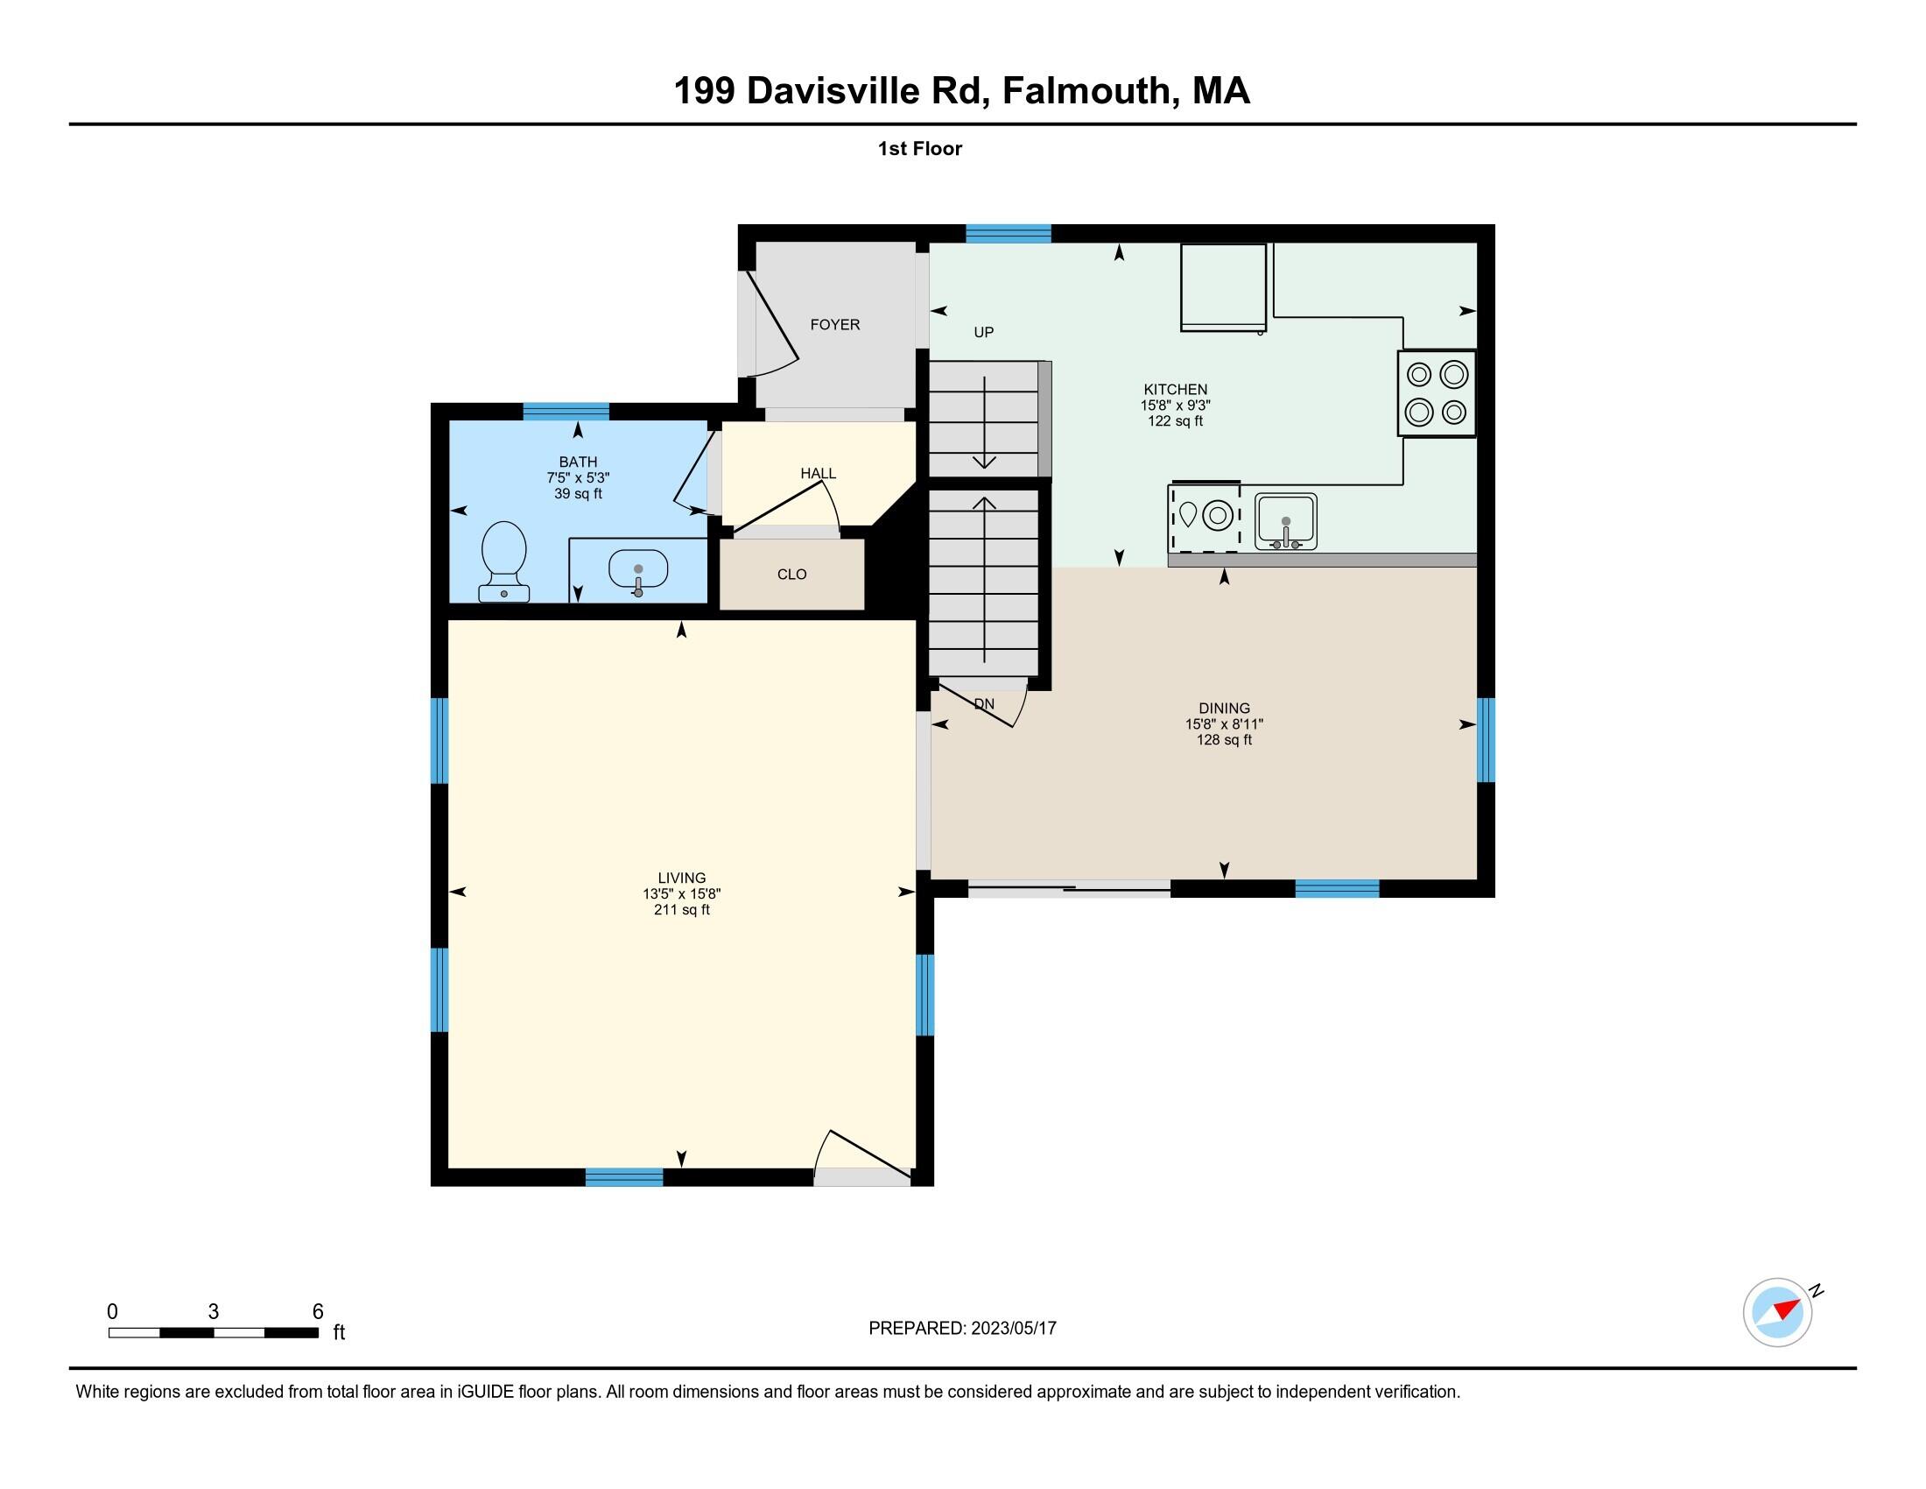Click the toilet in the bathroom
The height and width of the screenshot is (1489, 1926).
click(503, 561)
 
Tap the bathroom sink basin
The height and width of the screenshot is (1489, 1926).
click(637, 570)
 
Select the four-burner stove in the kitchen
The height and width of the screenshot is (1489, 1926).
click(1436, 392)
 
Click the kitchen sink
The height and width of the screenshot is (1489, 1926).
click(1286, 520)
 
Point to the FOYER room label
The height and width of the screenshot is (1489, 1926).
click(834, 325)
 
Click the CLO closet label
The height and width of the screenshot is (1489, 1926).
click(791, 575)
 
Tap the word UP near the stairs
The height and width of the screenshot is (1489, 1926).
click(983, 333)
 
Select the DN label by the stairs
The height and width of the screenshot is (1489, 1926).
click(984, 704)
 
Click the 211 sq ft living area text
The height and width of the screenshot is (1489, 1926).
click(681, 909)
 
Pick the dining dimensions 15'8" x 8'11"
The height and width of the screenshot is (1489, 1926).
click(1223, 724)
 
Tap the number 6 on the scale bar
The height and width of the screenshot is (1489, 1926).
click(318, 1311)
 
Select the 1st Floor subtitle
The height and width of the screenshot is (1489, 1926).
click(919, 148)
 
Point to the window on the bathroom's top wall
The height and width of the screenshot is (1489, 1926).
click(566, 410)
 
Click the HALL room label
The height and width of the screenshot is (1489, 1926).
click(818, 474)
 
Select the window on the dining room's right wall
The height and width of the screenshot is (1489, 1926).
click(1485, 739)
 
